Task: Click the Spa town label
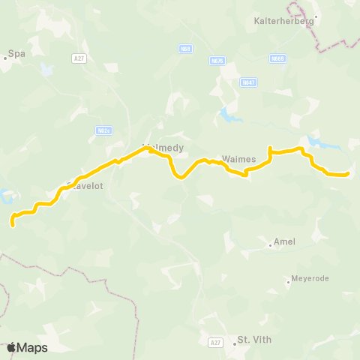pos(16,54)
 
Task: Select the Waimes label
pos(239,159)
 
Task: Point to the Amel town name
pos(285,241)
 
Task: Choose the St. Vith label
pos(253,339)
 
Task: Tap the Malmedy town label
pos(163,148)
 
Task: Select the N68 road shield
pos(186,49)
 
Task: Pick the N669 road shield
pos(278,58)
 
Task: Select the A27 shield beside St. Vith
pos(215,342)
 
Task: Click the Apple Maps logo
pos(27,347)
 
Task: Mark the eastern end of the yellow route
pos(348,175)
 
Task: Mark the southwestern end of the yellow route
pos(13,223)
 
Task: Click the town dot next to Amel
pos(270,244)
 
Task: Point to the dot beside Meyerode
pos(288,282)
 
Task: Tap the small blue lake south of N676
pos(226,115)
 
